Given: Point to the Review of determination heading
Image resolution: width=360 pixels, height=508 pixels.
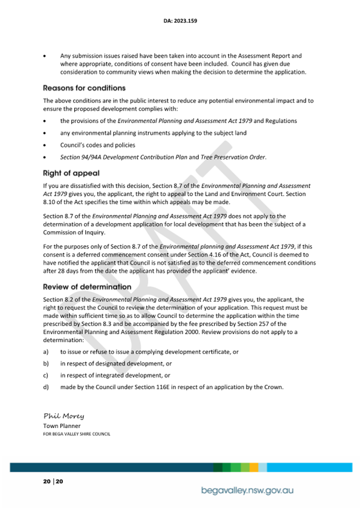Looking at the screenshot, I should (87, 287).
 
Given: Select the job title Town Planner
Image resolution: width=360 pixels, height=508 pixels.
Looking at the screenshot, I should (62, 426).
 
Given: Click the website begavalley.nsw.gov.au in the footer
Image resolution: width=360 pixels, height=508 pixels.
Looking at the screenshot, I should (247, 490).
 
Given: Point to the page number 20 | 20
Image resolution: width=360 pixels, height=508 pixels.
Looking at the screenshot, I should (53, 482).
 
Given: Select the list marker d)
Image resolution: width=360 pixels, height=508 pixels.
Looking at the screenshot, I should (46, 387).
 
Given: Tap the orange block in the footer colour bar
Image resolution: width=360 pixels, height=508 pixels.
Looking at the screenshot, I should (254, 467).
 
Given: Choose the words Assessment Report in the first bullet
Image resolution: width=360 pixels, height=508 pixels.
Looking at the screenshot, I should (267, 55).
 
